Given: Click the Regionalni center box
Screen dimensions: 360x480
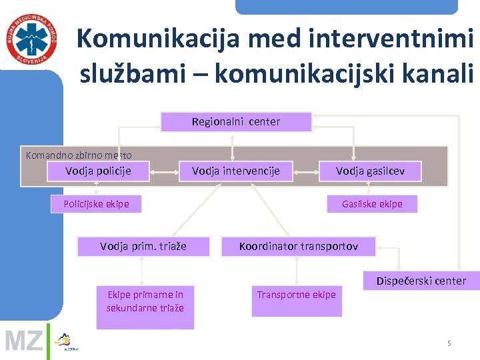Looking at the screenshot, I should (236, 122).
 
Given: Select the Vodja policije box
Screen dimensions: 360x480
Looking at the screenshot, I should (98, 171).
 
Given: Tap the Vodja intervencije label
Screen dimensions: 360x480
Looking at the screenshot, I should (236, 171).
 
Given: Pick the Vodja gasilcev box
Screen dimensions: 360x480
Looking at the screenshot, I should (369, 171).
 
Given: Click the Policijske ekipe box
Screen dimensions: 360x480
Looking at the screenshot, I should (97, 203).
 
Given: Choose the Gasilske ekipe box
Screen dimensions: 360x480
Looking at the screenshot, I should (372, 203).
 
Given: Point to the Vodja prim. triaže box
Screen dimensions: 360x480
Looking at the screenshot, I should (143, 247).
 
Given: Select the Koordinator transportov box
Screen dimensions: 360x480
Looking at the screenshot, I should (299, 247).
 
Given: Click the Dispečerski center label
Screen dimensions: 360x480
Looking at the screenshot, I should (421, 281).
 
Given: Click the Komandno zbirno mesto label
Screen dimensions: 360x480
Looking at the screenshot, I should (79, 155).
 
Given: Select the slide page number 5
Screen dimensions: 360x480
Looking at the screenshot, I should (449, 343).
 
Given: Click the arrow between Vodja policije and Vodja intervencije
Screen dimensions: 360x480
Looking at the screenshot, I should (164, 172).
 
